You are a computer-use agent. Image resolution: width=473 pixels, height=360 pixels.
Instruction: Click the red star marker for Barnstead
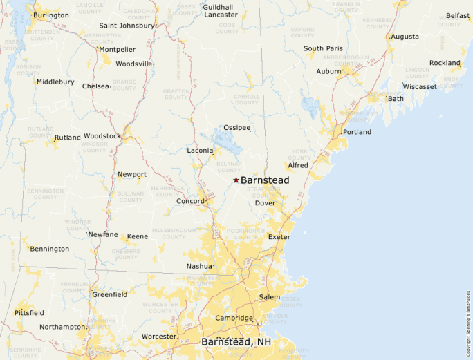[236, 180]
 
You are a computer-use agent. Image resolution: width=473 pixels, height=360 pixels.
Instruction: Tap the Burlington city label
[50, 15]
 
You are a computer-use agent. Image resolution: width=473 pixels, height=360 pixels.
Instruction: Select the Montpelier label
[117, 50]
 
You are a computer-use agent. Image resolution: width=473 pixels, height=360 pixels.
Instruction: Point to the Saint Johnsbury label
[127, 26]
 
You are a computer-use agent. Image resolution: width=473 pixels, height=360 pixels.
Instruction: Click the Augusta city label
[405, 37]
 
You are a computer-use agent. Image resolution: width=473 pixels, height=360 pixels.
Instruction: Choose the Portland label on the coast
[357, 132]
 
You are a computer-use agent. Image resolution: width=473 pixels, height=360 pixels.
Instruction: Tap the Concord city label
[189, 202]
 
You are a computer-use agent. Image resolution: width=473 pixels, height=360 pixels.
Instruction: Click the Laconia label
[200, 151]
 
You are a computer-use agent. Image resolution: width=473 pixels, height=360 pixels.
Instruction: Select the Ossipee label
[236, 128]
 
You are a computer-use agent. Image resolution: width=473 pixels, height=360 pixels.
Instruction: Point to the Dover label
[265, 203]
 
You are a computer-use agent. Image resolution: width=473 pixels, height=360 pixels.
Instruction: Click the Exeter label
[279, 237]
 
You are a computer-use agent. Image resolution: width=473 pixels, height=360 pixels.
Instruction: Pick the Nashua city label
[199, 266]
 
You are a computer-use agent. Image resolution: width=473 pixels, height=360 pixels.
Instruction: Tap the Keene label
[137, 236]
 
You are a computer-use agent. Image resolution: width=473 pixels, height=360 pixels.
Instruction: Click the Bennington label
[50, 249]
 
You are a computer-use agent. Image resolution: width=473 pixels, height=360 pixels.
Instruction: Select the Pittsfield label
[29, 313]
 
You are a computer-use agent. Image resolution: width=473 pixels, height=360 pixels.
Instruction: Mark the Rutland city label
[68, 138]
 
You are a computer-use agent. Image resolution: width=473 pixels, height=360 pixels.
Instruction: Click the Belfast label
[458, 16]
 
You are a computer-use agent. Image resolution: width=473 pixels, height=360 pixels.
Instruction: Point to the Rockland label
[445, 63]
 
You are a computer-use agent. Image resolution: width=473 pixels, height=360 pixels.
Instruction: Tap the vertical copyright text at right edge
[468, 318]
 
